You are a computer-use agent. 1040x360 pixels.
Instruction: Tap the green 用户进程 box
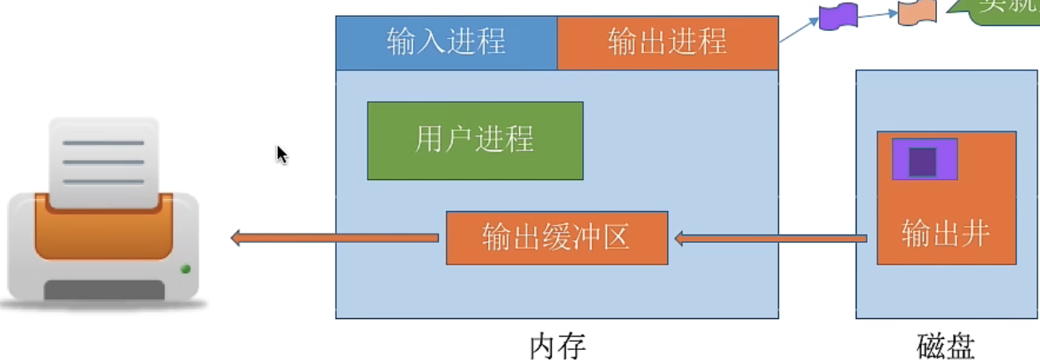[475, 140]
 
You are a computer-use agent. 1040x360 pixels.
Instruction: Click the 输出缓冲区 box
[556, 238]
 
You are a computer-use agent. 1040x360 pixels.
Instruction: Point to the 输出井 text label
[945, 234]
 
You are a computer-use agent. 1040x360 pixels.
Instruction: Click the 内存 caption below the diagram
[557, 345]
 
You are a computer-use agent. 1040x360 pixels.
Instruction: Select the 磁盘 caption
[945, 345]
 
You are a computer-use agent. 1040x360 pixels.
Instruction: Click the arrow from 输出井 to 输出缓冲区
[770, 239]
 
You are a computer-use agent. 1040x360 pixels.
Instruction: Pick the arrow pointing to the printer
[334, 238]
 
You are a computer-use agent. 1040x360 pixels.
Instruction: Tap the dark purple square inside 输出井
[922, 161]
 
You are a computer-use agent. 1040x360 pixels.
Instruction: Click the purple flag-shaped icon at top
[838, 16]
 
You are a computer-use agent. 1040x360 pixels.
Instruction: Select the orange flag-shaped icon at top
[917, 13]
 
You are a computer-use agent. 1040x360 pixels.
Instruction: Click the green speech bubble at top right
[1001, 10]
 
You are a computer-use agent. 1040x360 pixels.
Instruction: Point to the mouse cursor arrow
[281, 154]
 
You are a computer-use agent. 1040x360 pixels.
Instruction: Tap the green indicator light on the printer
[185, 269]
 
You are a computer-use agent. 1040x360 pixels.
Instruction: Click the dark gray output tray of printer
[104, 290]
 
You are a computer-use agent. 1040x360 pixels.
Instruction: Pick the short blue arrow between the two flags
[878, 13]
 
